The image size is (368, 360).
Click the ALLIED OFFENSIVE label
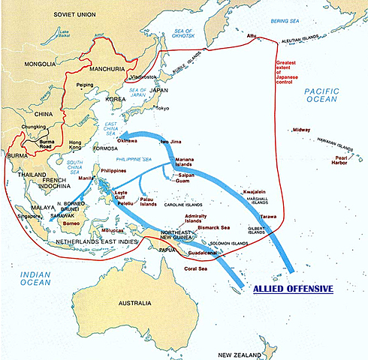[x=294, y=288]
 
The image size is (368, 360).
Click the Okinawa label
[x=132, y=140]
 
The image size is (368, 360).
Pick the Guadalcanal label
[x=204, y=254]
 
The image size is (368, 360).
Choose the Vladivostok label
[x=143, y=76]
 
